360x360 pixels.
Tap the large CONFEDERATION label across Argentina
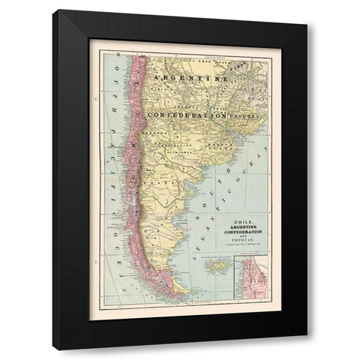pos(187,115)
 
